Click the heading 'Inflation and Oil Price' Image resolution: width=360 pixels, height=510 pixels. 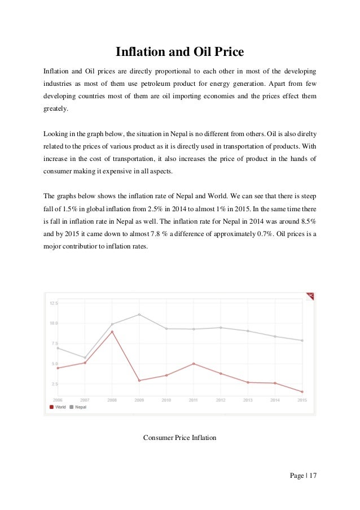179,53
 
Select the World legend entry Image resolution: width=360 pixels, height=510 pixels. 58,407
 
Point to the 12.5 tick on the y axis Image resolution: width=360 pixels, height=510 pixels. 54,303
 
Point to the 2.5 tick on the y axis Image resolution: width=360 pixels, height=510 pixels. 54,383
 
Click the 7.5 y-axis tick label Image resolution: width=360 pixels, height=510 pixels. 54,343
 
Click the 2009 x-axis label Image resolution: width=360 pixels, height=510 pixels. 139,400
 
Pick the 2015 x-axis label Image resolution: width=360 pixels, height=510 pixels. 302,400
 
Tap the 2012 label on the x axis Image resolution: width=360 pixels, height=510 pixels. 221,400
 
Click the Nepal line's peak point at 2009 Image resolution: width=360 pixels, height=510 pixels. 139,315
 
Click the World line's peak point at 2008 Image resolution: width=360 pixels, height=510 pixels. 112,332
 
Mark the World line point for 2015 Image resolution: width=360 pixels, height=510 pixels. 302,391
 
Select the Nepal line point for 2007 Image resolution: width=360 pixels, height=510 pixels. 85,358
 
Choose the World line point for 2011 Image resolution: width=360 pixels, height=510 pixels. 194,364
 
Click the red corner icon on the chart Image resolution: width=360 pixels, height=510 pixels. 309,296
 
